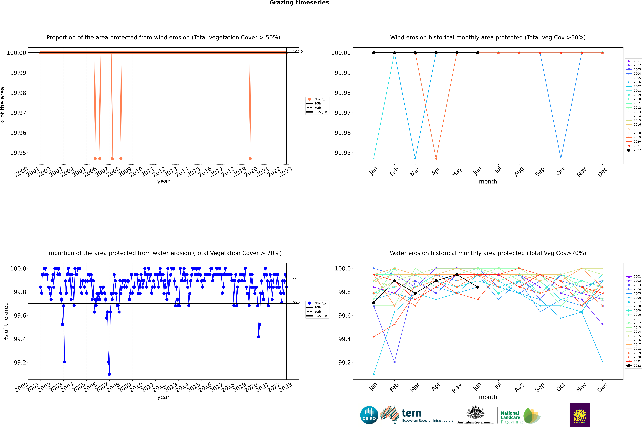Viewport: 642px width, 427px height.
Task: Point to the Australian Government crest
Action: pos(475,413)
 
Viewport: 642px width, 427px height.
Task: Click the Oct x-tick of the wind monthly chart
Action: pos(560,172)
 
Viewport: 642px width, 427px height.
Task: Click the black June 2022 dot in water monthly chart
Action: pos(478,287)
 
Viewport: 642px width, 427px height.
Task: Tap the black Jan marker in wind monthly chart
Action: pos(374,53)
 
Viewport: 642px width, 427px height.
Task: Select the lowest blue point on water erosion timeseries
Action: pos(109,374)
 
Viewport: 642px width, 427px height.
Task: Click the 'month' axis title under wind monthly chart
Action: pos(488,182)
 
